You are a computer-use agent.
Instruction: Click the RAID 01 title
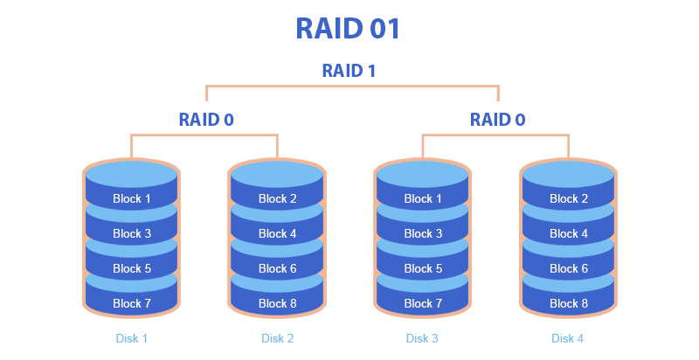tap(349, 28)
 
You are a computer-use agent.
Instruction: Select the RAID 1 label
tap(349, 71)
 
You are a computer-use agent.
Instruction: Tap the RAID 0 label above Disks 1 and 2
tap(206, 120)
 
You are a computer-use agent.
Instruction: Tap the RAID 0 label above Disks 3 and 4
tap(498, 120)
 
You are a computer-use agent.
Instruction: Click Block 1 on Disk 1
tap(132, 198)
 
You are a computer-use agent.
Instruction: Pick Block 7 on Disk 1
tap(132, 303)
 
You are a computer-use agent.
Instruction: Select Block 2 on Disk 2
tap(278, 198)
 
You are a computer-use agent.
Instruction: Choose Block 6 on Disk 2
tap(278, 268)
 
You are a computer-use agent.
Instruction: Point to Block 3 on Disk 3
tap(424, 233)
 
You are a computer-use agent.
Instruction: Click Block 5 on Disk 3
tap(424, 268)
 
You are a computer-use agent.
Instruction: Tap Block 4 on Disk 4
tap(569, 233)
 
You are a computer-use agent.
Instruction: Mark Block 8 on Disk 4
tap(569, 303)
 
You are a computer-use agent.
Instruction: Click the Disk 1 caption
tap(132, 337)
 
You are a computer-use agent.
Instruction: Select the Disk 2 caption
tap(278, 337)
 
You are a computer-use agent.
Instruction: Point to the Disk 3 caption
tap(422, 337)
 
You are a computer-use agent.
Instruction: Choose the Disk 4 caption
tap(568, 337)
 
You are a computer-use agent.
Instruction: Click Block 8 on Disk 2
tap(278, 303)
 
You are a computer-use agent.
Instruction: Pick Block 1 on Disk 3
tap(424, 198)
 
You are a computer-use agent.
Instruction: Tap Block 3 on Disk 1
tap(132, 233)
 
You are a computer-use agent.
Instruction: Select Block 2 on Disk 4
tap(569, 198)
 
